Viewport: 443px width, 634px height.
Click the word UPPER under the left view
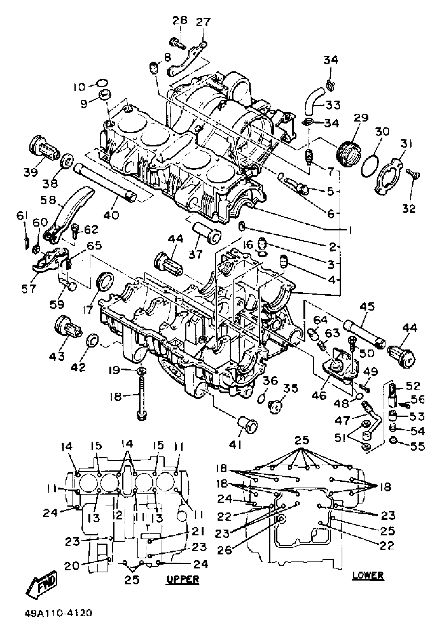[x=183, y=579]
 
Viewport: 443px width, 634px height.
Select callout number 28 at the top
[x=180, y=20]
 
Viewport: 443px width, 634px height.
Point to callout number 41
[x=235, y=445]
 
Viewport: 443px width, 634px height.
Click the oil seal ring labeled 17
[x=104, y=281]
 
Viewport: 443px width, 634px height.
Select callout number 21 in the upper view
[x=198, y=531]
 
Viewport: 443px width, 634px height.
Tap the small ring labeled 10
[x=102, y=83]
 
